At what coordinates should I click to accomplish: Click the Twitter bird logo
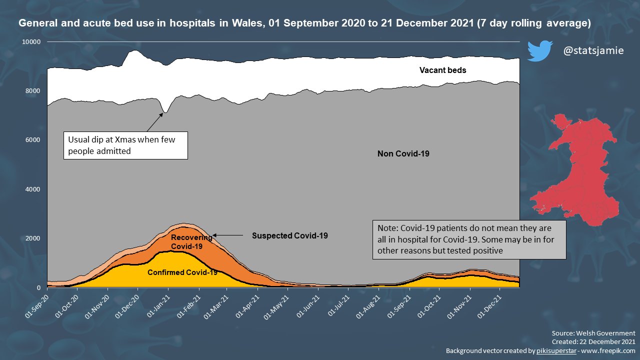(x=539, y=51)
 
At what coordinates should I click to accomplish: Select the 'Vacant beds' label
(x=442, y=70)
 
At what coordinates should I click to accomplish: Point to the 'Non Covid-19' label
(x=403, y=154)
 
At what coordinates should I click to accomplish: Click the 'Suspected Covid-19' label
(x=289, y=235)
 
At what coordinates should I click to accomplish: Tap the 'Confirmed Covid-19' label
(x=182, y=272)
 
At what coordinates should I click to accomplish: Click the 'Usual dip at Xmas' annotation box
(x=125, y=145)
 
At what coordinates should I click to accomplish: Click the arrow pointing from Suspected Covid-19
(x=229, y=235)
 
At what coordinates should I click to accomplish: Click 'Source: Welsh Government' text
(x=593, y=333)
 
